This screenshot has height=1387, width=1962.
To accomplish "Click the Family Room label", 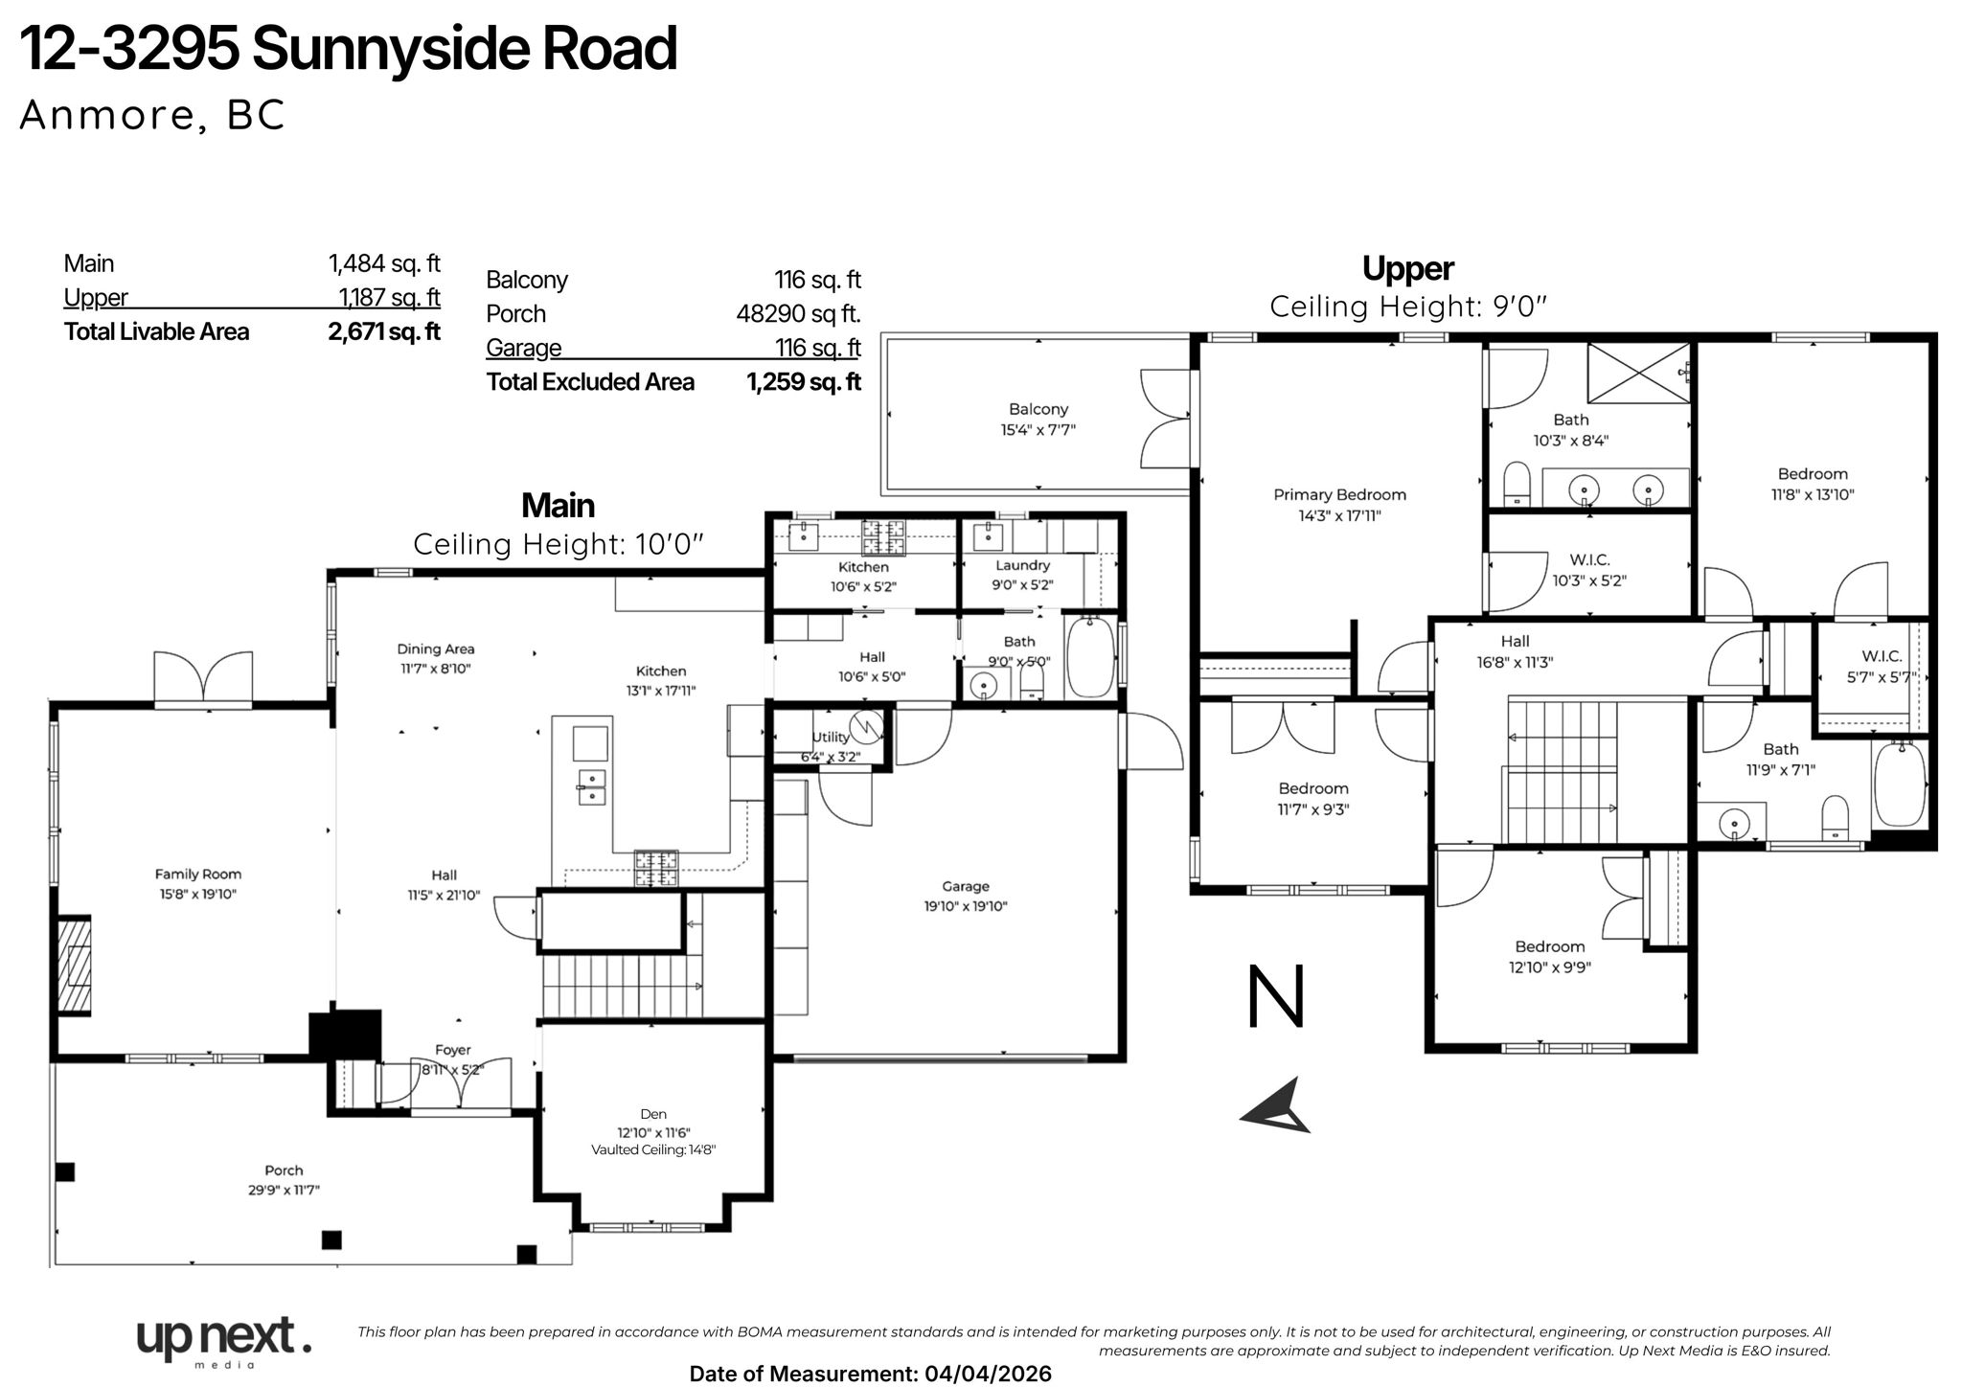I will [x=198, y=874].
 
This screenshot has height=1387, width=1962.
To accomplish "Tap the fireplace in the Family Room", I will [x=74, y=966].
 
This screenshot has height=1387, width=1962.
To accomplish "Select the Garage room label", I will [x=965, y=886].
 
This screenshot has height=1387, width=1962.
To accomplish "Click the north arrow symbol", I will [x=1277, y=1107].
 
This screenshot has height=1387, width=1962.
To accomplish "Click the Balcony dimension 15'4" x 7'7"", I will [x=1038, y=430].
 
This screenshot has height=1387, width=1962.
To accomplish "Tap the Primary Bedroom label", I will [x=1339, y=494].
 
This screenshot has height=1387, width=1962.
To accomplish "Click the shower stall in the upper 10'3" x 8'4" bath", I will [x=1639, y=373].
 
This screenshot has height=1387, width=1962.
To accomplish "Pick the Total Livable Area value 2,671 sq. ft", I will [x=383, y=331].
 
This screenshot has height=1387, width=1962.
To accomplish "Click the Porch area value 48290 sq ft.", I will [x=798, y=313].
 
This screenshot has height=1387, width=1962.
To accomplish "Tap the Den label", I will [x=653, y=1113].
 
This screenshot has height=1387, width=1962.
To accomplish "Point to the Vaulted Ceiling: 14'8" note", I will [x=653, y=1149].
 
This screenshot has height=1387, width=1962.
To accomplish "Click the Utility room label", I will [x=830, y=737].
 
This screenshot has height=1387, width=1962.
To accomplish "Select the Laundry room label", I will [x=1022, y=565].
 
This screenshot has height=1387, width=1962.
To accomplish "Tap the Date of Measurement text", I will [x=870, y=1374].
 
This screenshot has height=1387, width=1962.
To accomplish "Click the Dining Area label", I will [x=436, y=648].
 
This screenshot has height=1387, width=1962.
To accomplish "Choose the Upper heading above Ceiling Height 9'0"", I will [x=1407, y=268].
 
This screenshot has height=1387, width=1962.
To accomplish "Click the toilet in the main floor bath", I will [x=1032, y=680].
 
